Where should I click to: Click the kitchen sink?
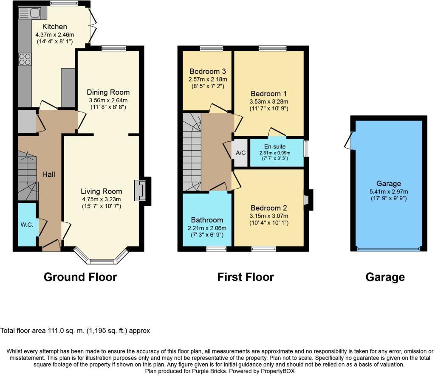29,13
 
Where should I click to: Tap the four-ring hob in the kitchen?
25,59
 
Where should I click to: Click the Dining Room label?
108,92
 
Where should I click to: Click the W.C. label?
27,224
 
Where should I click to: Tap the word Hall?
48,174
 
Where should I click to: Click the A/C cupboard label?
240,153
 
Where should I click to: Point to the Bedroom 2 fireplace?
307,200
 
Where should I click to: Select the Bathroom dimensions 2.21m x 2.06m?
207,228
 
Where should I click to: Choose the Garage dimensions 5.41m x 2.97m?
388,191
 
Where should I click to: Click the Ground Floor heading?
80,277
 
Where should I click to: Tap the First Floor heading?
246,277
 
